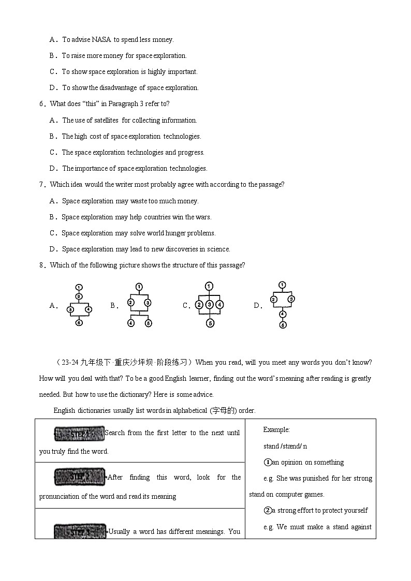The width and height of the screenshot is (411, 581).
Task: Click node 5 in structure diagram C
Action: pyautogui.click(x=209, y=323)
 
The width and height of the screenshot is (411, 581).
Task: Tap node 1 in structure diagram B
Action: pyautogui.click(x=139, y=286)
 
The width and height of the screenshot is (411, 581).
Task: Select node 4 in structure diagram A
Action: pyautogui.click(x=89, y=309)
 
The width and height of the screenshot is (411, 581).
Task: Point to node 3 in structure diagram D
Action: pyautogui.click(x=291, y=299)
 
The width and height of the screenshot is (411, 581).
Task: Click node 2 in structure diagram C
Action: pyautogui.click(x=199, y=305)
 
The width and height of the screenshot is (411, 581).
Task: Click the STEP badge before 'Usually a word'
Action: pyautogui.click(x=80, y=531)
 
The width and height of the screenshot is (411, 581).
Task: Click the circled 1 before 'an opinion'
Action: pyautogui.click(x=268, y=462)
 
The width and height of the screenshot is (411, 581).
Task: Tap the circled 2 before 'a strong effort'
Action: pyautogui.click(x=268, y=510)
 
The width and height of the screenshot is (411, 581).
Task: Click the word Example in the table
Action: pyautogui.click(x=276, y=429)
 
